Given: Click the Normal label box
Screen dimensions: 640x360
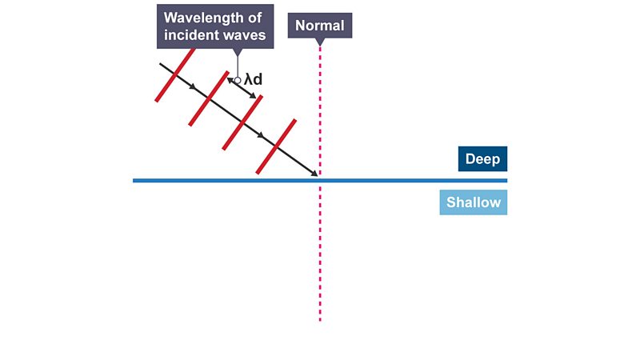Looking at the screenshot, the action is (x=320, y=26).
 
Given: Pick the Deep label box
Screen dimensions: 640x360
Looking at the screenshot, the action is (x=482, y=158).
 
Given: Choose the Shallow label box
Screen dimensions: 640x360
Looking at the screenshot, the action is (x=473, y=202).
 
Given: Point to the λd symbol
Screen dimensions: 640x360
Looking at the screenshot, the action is (x=253, y=79).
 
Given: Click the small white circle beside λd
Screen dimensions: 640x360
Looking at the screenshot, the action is (x=238, y=81).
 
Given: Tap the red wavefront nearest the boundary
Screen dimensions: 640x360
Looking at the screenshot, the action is (x=276, y=146).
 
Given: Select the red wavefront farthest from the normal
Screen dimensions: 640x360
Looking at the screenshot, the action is (x=175, y=74).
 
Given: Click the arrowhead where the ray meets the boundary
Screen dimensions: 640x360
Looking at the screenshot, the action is (x=314, y=174).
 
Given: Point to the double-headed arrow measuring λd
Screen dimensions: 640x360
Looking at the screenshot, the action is (x=242, y=88).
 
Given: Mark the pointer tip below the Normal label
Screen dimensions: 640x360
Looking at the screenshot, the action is (x=320, y=45).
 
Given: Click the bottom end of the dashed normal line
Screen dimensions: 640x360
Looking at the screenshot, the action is (x=320, y=321).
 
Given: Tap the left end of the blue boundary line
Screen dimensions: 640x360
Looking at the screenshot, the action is (x=134, y=181).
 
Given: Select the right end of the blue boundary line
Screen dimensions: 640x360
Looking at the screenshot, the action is (x=506, y=181).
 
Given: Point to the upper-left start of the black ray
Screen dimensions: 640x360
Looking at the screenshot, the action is (x=160, y=64).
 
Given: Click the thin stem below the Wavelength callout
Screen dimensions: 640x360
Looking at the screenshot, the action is (x=238, y=66).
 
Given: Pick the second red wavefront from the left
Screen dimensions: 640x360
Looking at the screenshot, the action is (x=209, y=98).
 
